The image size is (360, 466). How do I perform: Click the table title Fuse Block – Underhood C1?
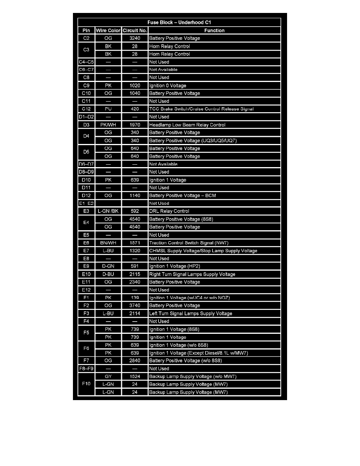180,22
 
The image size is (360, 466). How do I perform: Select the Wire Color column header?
108,30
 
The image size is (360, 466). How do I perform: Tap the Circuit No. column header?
135,30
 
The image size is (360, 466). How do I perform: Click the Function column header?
214,30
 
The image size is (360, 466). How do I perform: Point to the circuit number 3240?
135,38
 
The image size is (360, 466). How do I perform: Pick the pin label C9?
86,86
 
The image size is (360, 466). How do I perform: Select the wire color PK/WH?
108,125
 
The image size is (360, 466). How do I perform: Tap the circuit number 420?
135,109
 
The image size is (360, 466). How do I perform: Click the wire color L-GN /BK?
108,211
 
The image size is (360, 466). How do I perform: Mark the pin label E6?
86,243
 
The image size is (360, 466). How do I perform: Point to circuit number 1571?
135,243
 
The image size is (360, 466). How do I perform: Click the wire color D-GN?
108,266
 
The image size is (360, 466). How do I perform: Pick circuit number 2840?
135,360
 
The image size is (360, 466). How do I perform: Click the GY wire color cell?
108,376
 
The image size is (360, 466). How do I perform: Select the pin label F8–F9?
86,368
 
